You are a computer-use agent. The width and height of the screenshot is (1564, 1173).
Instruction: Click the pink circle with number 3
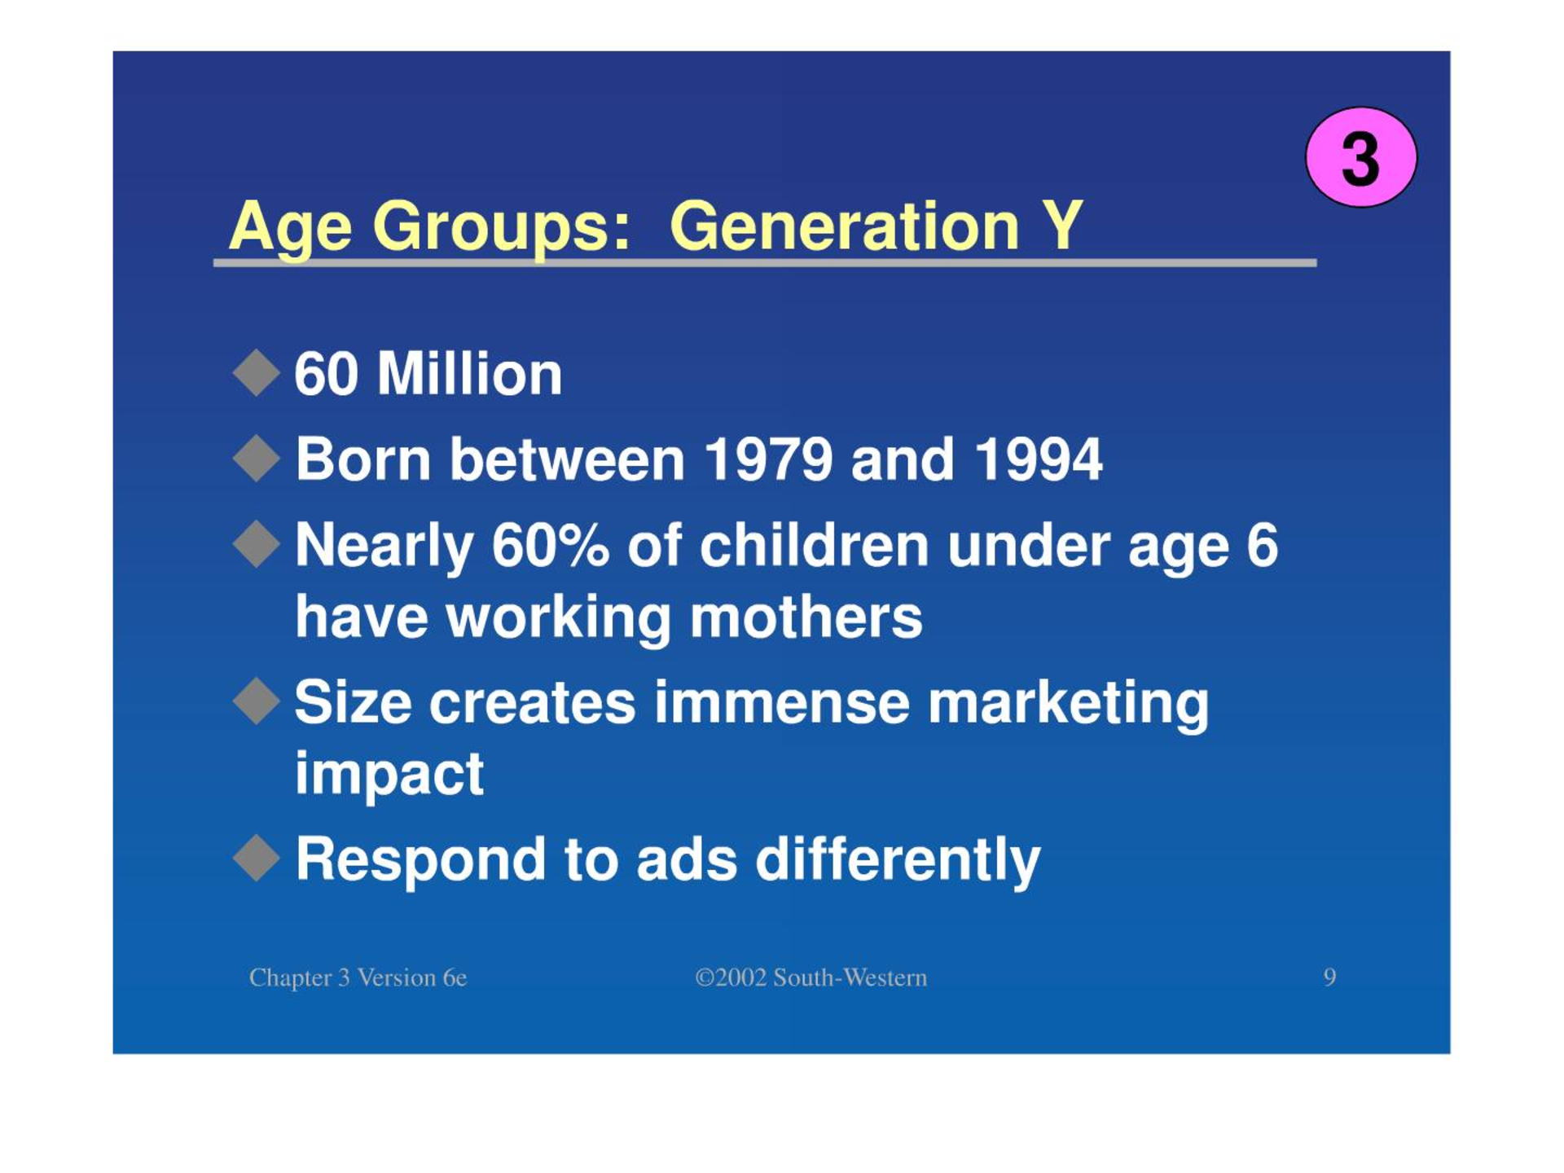(1361, 156)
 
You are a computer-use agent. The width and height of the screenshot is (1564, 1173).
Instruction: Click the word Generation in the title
(845, 226)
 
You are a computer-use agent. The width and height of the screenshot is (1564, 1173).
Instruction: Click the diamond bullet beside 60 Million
(257, 373)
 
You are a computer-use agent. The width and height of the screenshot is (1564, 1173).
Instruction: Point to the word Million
(469, 375)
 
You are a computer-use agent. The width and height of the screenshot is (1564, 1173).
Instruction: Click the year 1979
(767, 459)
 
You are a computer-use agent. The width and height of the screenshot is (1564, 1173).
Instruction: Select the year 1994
(1038, 459)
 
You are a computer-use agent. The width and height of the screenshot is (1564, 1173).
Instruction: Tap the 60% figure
(550, 545)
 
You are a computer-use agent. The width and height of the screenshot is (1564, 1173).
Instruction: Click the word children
(814, 545)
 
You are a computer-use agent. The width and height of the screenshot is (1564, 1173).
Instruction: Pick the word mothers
(806, 617)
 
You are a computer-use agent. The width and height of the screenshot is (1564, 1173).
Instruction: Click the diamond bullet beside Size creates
(257, 701)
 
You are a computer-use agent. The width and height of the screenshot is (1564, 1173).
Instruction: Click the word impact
(389, 774)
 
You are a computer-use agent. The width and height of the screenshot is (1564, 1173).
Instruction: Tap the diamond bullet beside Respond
(257, 857)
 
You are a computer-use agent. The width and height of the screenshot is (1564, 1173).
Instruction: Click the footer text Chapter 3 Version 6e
(358, 977)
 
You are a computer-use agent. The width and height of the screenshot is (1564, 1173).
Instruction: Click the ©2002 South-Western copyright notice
(811, 977)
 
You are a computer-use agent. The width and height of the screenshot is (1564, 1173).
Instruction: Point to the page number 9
(1329, 977)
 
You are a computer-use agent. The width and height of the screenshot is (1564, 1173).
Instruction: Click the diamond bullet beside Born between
(257, 458)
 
